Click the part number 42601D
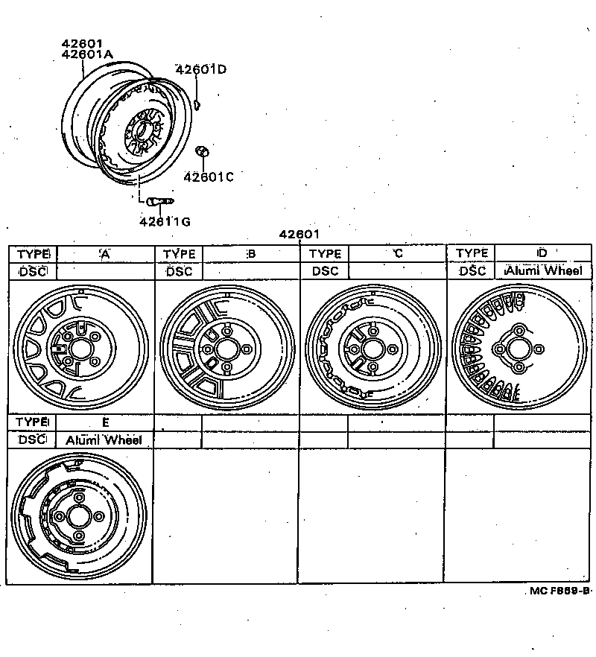[x=200, y=70]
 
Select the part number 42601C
[x=209, y=177]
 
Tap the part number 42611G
[x=164, y=221]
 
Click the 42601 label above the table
[x=299, y=235]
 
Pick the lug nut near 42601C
[x=202, y=153]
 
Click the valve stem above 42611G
[x=159, y=200]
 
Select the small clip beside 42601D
[x=196, y=101]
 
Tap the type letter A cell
[x=105, y=253]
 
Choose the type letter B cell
[x=251, y=253]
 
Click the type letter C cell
[x=397, y=253]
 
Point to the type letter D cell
[x=542, y=253]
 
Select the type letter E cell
[x=105, y=422]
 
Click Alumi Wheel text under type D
[x=543, y=271]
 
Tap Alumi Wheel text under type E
[x=104, y=439]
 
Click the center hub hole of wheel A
[x=80, y=349]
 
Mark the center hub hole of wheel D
[x=519, y=349]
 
